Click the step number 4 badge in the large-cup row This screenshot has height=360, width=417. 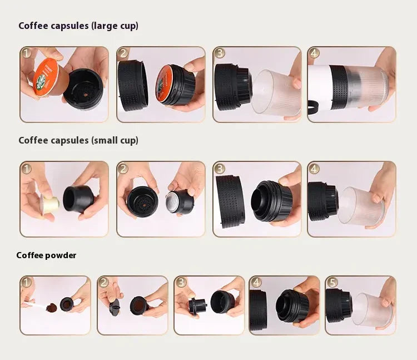[x=314, y=53]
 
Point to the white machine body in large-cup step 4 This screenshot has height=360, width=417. [x=319, y=86]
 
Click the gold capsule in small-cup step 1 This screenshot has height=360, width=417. [x=50, y=204]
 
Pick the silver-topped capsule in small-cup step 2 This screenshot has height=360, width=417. [x=178, y=201]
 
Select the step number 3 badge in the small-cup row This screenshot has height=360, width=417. [x=220, y=169]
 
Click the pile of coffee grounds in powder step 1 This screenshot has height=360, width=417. [x=52, y=308]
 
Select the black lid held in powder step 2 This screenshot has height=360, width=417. [x=114, y=307]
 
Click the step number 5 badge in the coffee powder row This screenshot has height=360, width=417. [x=332, y=283]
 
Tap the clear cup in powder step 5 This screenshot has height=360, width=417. [x=373, y=310]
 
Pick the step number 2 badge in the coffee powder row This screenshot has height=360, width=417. [x=104, y=283]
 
